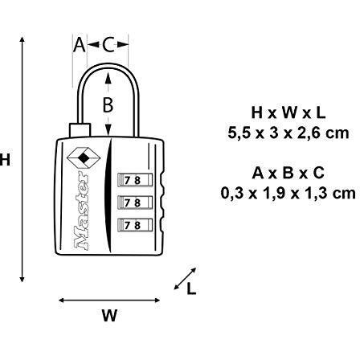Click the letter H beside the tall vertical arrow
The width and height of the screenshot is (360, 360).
(5, 160)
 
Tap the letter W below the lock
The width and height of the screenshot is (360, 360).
(109, 315)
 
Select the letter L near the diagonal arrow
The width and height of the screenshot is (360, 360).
(191, 288)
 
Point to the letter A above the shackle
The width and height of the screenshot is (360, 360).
(80, 45)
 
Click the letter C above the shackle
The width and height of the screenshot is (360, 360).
(108, 45)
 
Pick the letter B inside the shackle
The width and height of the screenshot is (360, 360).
(108, 104)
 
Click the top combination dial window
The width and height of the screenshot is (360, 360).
(135, 180)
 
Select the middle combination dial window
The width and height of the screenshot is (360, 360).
(135, 202)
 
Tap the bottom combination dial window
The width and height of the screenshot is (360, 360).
(135, 225)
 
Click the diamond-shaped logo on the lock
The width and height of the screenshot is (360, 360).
(84, 158)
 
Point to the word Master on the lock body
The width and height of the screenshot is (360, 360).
(81, 211)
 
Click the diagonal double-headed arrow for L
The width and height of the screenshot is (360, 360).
(186, 279)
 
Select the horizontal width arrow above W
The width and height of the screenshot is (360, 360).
(109, 301)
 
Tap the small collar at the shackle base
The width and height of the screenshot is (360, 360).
(80, 130)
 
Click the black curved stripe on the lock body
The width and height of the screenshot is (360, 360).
(108, 195)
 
